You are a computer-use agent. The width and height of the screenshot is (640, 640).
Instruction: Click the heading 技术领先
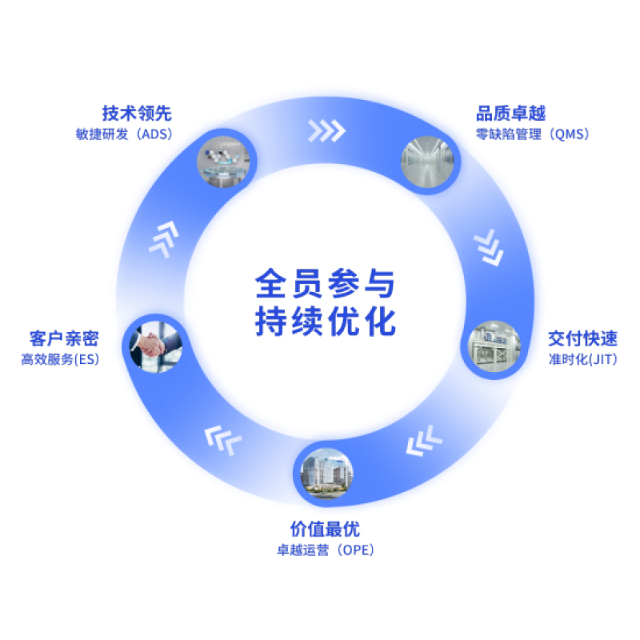point(137,113)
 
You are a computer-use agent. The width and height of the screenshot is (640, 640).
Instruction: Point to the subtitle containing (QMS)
point(532,134)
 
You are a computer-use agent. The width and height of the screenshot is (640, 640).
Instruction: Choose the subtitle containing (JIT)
point(582,360)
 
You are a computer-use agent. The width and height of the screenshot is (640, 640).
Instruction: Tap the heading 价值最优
point(325,529)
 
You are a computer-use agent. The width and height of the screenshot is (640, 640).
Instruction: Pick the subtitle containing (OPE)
point(325,550)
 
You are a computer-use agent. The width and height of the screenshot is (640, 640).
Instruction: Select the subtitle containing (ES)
point(61,360)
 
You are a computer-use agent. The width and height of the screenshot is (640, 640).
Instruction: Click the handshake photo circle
point(157,346)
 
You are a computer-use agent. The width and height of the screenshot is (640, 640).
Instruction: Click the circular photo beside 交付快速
point(494,346)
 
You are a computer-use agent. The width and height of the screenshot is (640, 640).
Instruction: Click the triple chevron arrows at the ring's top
point(327,130)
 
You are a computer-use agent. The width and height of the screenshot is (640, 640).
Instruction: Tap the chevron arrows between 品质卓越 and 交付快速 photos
point(487,249)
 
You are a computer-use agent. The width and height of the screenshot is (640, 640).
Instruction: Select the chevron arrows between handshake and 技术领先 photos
point(164,240)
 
